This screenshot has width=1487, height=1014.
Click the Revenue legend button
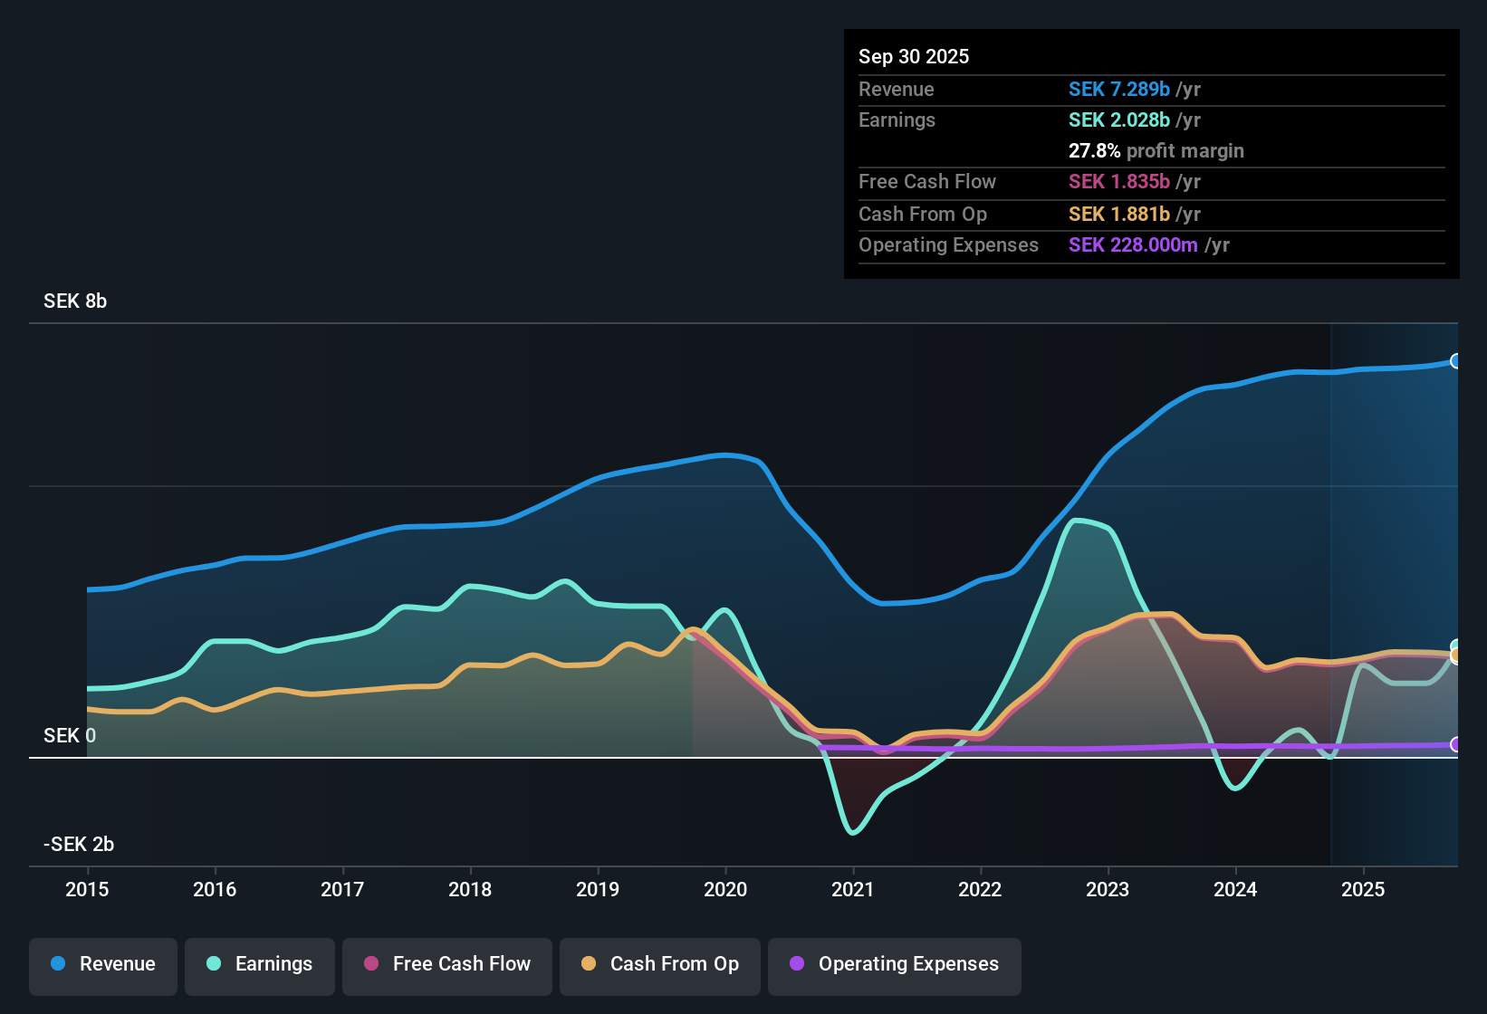click(103, 964)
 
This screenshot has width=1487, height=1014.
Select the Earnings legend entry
click(260, 964)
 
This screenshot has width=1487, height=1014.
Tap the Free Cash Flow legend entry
click(447, 964)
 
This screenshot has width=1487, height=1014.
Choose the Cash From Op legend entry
click(660, 964)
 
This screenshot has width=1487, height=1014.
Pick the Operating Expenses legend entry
click(895, 964)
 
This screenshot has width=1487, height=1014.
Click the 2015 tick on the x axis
click(87, 889)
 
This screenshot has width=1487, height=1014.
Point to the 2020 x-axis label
click(725, 889)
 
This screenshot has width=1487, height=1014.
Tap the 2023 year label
click(1108, 889)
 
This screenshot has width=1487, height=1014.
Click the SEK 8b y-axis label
click(75, 301)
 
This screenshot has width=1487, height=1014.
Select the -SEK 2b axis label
click(79, 845)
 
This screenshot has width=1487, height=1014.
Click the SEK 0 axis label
click(69, 736)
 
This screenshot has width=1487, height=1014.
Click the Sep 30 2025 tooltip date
click(914, 57)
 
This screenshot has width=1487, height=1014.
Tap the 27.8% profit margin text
click(1156, 151)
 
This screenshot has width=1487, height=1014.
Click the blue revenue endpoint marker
click(1455, 361)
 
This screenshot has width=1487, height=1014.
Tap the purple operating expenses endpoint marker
click(1455, 744)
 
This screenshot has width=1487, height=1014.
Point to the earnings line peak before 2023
click(1076, 521)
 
